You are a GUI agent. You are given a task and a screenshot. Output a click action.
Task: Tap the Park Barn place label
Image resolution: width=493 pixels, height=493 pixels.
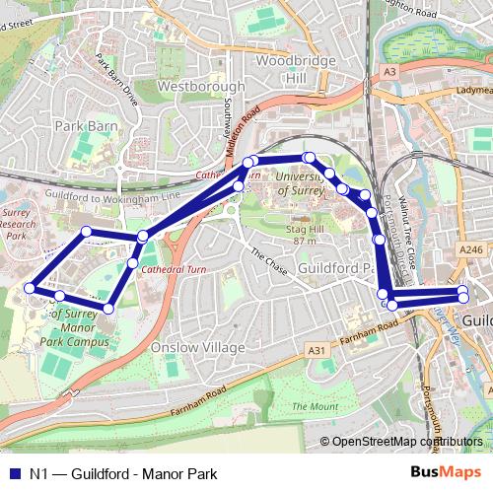tap(84, 126)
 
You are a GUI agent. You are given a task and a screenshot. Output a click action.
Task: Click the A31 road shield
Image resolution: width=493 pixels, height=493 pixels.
tap(316, 350)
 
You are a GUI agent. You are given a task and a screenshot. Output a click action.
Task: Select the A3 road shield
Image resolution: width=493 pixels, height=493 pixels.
tap(390, 72)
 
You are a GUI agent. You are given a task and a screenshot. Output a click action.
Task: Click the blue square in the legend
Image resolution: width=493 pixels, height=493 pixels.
tap(13, 474)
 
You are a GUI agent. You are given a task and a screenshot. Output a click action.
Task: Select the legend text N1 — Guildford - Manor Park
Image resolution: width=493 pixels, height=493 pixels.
tap(123, 474)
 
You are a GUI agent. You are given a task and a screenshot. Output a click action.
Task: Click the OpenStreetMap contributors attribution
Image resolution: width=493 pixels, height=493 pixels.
tap(407, 443)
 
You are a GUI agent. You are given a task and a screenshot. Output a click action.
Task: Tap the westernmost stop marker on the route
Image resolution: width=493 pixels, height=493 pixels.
tap(30, 288)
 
